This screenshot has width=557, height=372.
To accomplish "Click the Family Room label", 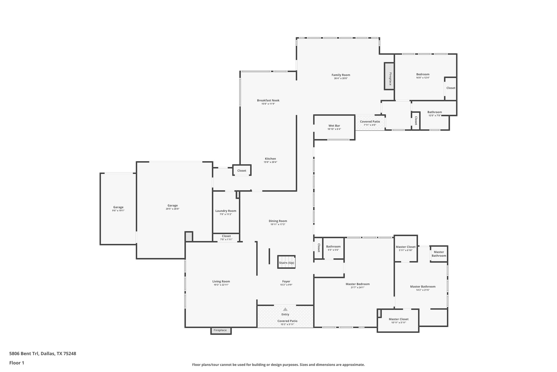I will tap(341, 75).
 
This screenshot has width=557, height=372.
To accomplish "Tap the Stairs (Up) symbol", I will tap(286, 262).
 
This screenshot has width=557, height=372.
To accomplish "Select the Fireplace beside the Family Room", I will tap(389, 76).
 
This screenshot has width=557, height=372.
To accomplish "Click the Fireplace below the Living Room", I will tap(221, 331).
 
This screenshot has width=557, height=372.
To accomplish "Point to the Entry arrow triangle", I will tap(285, 309).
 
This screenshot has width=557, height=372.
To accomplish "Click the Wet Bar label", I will tap(334, 126).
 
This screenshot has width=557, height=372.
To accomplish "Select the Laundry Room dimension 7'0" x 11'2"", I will tap(226, 214).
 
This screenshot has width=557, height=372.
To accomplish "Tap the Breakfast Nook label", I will tap(268, 100).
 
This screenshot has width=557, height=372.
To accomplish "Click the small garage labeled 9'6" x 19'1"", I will tap(118, 209).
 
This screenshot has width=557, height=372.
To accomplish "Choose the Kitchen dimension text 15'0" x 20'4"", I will tap(270, 162).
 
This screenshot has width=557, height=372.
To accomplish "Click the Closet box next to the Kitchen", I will tap(242, 171).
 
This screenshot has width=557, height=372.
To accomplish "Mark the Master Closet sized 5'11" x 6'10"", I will tap(406, 248).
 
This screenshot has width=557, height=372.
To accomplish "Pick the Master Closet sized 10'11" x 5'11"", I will tap(398, 320).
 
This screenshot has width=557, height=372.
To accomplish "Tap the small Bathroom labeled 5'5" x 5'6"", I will tap(333, 248).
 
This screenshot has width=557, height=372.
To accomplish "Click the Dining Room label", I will tap(278, 221).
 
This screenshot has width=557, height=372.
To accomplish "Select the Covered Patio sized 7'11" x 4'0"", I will tap(370, 123).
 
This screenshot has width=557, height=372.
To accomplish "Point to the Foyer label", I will tap(286, 282).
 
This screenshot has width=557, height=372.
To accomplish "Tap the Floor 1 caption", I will tap(17, 363).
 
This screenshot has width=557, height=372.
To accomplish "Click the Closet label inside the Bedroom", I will tap(451, 88).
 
